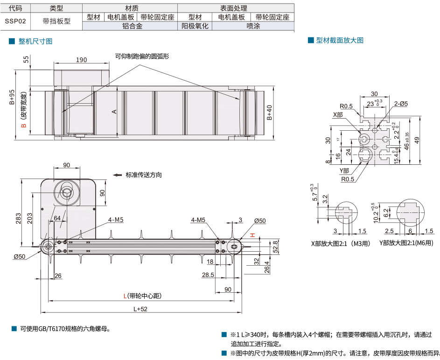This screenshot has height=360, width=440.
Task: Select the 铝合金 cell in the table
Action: coord(132,26)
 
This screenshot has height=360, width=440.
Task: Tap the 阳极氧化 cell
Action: coord(195,26)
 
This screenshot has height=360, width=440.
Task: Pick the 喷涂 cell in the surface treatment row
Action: coord(253,26)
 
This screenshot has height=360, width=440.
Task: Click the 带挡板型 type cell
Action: coord(56,21)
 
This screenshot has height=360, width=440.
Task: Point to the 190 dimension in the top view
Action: coord(81,60)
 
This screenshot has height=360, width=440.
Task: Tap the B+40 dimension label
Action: coord(269,113)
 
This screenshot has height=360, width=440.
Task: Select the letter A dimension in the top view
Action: coord(113,112)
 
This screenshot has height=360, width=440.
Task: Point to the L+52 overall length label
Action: coord(140,309)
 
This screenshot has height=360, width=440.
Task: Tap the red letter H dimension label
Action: coord(251,235)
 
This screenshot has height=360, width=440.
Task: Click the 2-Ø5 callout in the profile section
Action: coord(400,104)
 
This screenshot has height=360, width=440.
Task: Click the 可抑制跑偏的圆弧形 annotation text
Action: coord(141,56)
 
